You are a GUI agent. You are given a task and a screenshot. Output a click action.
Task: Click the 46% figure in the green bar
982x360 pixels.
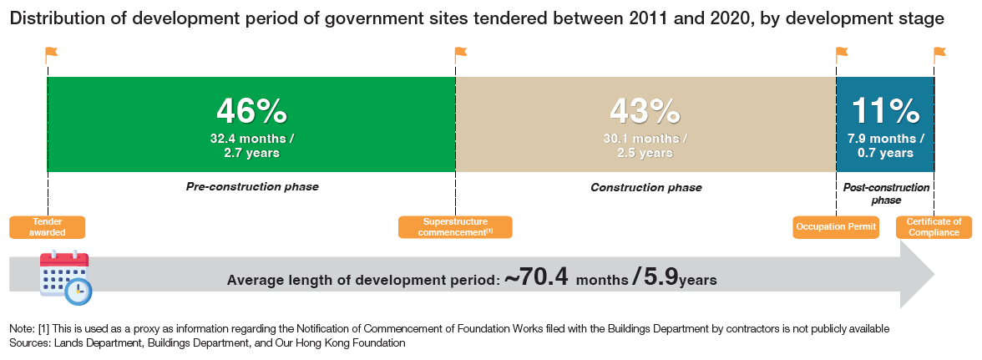coord(252,111)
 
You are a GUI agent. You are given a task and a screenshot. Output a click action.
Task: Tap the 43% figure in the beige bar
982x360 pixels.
coord(645,111)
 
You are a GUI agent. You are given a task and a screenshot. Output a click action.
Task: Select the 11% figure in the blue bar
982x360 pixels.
coord(885,111)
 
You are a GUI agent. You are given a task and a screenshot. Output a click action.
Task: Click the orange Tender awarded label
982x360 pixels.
coord(47,227)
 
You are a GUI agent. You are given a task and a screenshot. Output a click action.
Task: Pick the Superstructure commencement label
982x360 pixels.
coord(455,227)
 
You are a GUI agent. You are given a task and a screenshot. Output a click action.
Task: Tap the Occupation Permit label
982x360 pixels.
coord(835,227)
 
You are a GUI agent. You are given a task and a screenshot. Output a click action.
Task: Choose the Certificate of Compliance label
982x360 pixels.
coord(934,227)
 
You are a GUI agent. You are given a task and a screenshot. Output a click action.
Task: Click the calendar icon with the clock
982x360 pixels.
coord(65,277)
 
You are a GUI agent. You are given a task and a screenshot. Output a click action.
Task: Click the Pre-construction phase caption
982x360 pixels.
coord(252,186)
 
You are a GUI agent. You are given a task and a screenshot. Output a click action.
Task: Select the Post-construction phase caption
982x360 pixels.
coord(885,194)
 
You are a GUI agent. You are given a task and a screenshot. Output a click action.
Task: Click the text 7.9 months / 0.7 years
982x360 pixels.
coord(885,145)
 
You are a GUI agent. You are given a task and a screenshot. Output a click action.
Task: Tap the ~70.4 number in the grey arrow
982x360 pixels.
coord(537,276)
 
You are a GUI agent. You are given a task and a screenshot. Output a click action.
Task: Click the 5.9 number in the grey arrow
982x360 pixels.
coord(660,276)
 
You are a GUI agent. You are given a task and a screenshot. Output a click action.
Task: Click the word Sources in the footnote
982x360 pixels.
coord(28,343)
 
